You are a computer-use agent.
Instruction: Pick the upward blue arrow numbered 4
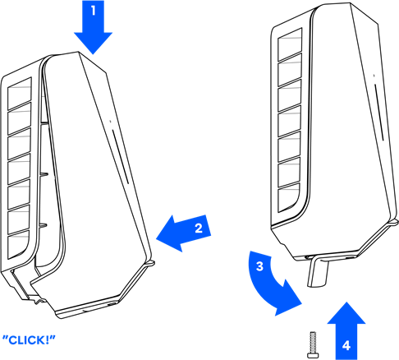point(346,331)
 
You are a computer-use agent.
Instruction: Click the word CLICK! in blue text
point(29,340)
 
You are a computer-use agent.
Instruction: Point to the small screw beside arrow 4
point(313,344)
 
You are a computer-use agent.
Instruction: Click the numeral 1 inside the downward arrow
point(94,11)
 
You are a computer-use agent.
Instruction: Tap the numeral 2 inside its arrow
point(199,228)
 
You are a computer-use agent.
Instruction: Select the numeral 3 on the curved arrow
point(259,266)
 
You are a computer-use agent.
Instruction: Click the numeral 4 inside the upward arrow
point(346,346)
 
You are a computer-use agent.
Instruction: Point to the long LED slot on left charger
point(120,157)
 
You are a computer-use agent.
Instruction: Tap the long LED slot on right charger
point(379,113)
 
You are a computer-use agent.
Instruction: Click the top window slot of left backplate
point(20,94)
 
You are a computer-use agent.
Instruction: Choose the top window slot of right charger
point(290,44)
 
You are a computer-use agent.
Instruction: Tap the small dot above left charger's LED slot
point(110,121)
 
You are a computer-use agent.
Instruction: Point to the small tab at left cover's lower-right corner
point(150,264)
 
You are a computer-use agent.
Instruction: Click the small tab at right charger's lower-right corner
point(394,222)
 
